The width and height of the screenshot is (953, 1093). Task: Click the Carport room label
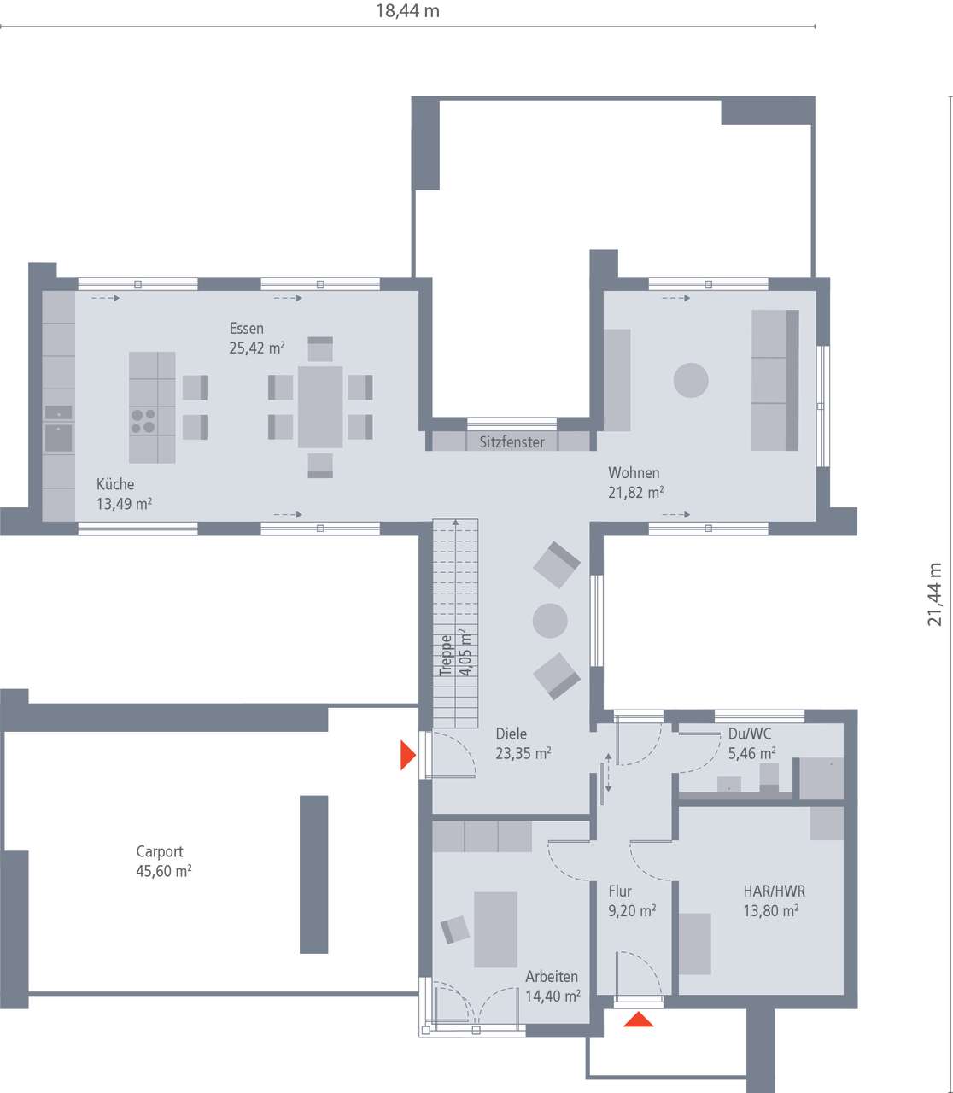point(160,851)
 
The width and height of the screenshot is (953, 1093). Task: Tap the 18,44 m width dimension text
point(407,11)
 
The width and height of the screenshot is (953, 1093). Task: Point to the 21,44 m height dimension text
point(935,594)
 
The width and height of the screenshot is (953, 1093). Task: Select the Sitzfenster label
point(512,442)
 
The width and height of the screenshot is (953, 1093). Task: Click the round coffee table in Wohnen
point(691,380)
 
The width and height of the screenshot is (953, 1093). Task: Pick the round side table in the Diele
point(550,620)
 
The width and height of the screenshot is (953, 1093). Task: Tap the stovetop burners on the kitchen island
point(143,421)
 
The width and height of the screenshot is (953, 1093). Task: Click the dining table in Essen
point(320,407)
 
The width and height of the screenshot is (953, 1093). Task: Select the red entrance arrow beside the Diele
point(407,755)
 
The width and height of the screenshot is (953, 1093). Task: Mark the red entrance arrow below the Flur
point(638,1019)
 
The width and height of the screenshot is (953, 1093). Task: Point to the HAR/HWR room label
point(774,891)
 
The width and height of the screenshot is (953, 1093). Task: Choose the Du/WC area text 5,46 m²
point(751,753)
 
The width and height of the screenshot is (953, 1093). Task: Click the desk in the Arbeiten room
point(495,929)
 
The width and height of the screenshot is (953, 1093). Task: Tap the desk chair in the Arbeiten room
point(455,929)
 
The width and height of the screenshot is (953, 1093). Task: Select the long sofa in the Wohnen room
point(775,380)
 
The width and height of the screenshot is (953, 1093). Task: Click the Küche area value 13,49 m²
point(124,504)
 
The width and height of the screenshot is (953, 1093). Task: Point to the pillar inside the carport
point(313,874)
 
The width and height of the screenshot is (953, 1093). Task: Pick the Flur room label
point(620,891)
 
